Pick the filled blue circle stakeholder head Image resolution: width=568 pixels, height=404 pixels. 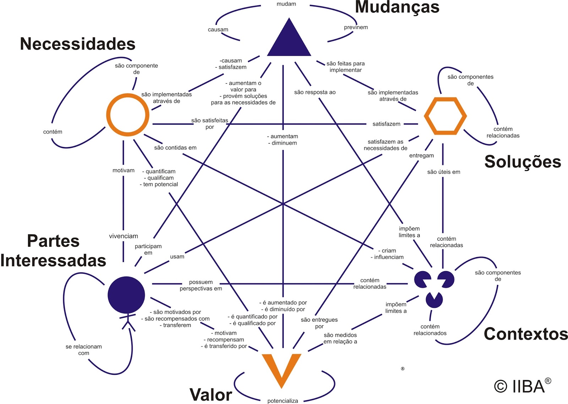coord(126,295)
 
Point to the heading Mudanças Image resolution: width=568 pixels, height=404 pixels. coord(397,7)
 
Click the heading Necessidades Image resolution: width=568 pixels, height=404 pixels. coord(77,44)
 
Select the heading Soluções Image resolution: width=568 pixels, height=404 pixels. coord(523,162)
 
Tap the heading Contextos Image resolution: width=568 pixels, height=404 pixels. coord(526,334)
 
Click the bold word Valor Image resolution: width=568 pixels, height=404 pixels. coord(211,395)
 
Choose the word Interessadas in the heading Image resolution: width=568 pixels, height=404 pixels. coord(53,261)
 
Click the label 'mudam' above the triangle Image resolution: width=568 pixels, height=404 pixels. coord(286,4)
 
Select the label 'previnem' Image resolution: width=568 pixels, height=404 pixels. coord(356,27)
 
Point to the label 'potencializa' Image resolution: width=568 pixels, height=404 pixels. coord(283,401)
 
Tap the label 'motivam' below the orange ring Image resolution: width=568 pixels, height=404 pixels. coord(124,170)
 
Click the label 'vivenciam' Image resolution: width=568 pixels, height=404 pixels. coord(124,236)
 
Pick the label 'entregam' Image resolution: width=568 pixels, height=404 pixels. coord(421,155)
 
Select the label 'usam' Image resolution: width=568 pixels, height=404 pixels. coord(177,257)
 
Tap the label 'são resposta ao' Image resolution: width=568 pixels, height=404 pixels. coord(315,92)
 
